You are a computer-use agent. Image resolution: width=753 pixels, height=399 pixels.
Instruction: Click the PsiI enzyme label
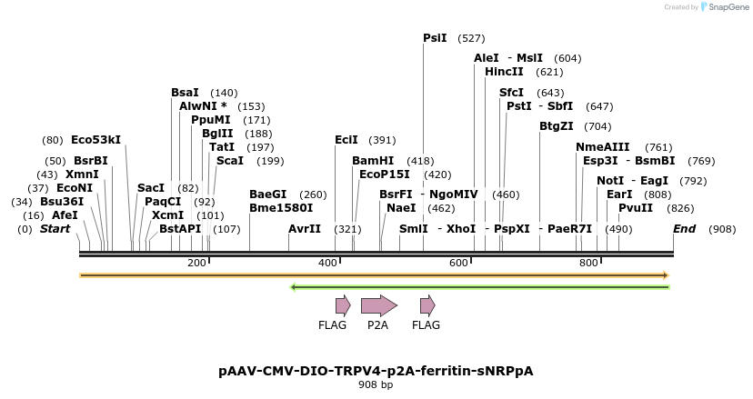(435, 38)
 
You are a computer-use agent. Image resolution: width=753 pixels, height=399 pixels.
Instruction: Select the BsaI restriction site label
(185, 93)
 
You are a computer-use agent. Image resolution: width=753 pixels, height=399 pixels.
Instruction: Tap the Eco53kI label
(95, 140)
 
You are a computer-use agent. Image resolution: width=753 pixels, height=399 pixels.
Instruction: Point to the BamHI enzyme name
(372, 161)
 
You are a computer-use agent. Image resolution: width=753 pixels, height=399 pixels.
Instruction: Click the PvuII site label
(636, 208)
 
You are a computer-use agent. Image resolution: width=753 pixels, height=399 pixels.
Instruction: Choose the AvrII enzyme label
(305, 229)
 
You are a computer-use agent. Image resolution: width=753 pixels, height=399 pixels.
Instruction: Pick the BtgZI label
(557, 126)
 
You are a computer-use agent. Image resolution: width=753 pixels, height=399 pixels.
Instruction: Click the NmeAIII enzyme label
(602, 147)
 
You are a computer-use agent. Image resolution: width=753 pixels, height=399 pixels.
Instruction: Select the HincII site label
(504, 72)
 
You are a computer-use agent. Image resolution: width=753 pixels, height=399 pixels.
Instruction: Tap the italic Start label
(55, 229)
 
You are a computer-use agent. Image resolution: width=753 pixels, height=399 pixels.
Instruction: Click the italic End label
(686, 229)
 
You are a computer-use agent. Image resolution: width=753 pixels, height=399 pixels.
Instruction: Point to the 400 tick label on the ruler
(327, 263)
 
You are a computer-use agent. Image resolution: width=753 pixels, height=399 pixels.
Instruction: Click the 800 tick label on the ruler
(588, 263)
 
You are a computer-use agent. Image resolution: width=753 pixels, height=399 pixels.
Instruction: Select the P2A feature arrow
(378, 305)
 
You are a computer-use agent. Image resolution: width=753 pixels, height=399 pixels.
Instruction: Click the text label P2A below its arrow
(378, 324)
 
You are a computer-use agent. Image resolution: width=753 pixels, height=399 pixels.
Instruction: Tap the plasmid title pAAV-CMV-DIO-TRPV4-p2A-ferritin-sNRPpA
(376, 371)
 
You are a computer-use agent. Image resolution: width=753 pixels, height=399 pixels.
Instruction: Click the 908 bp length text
(376, 385)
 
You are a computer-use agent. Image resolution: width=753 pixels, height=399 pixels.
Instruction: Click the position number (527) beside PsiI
(471, 38)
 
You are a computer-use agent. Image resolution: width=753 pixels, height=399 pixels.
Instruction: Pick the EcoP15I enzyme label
(385, 175)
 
